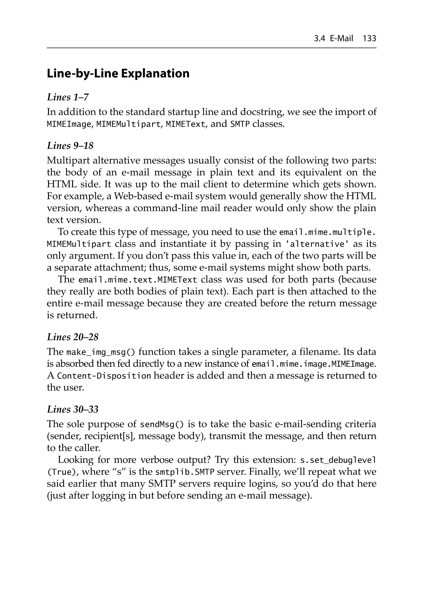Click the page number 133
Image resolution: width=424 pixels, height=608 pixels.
click(x=369, y=39)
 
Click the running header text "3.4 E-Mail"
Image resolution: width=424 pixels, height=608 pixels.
click(x=333, y=39)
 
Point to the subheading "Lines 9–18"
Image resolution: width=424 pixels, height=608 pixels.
click(x=70, y=146)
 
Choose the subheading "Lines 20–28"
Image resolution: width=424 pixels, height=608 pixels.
click(x=73, y=337)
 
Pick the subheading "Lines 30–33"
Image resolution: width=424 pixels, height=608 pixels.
click(x=73, y=409)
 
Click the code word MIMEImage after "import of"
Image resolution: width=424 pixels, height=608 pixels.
click(x=69, y=124)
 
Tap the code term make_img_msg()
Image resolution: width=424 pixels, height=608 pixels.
click(x=101, y=352)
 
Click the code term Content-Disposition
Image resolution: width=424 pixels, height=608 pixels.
click(x=104, y=376)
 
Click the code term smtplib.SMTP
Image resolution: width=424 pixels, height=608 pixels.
click(x=184, y=472)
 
